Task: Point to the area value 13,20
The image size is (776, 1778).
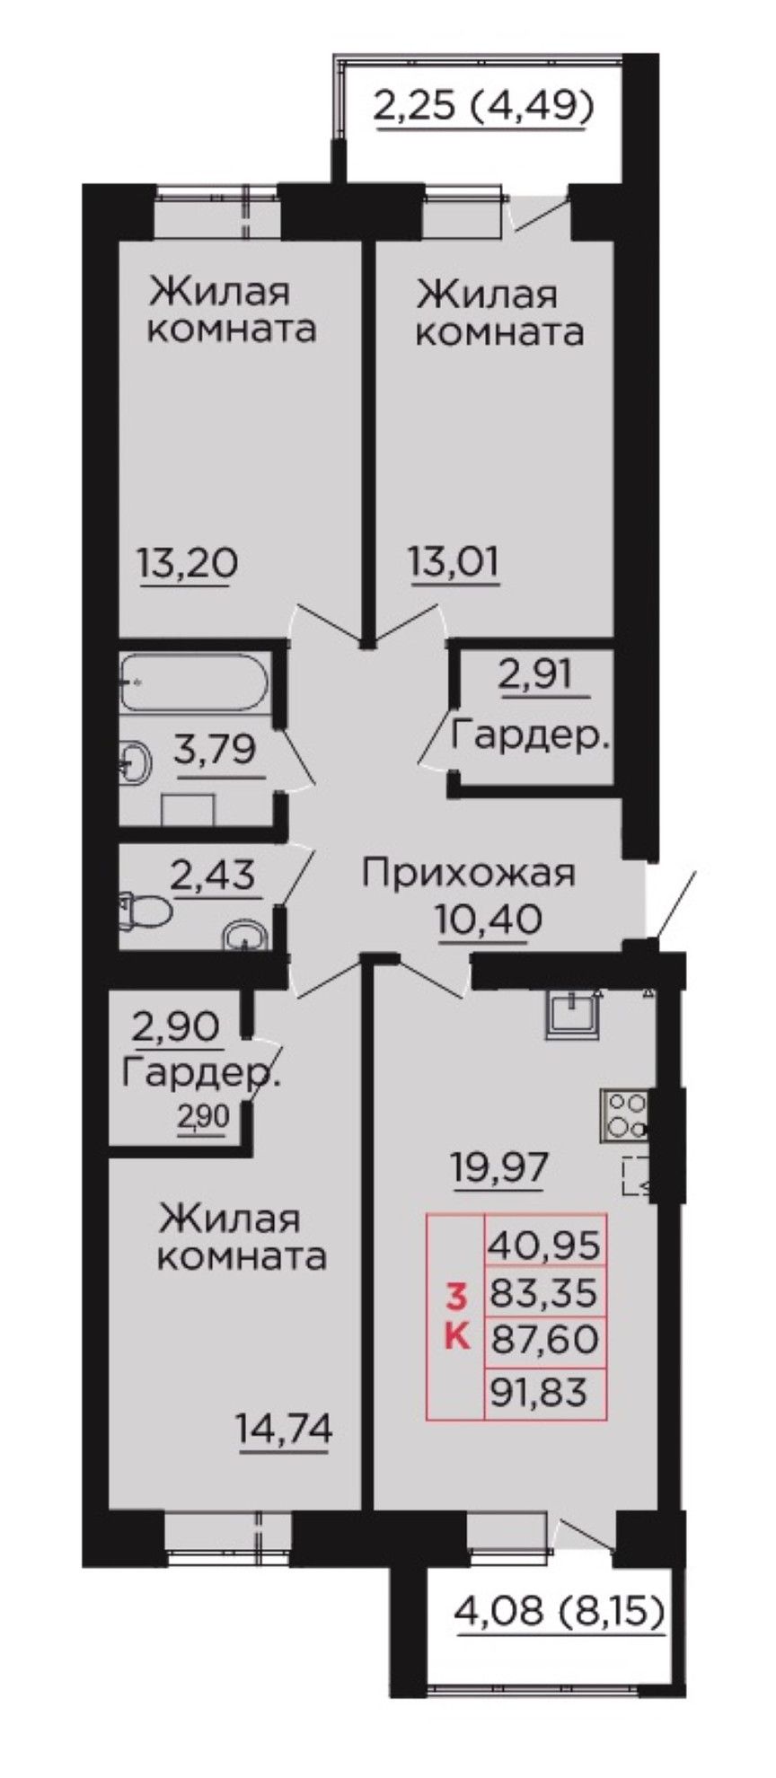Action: pyautogui.click(x=188, y=564)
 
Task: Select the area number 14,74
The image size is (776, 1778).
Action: pyautogui.click(x=284, y=1427)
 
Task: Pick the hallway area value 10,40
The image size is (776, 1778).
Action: pyautogui.click(x=489, y=920)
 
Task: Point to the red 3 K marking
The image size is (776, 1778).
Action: pyautogui.click(x=457, y=1316)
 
